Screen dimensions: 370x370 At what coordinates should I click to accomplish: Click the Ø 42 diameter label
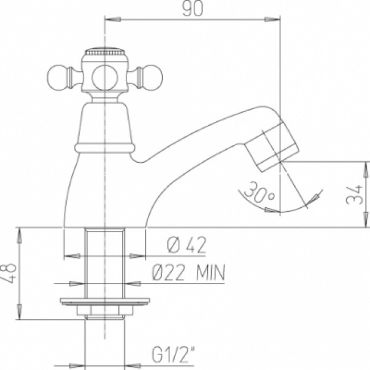coord(186,246)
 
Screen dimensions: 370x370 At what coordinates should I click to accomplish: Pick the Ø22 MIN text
coord(188,274)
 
